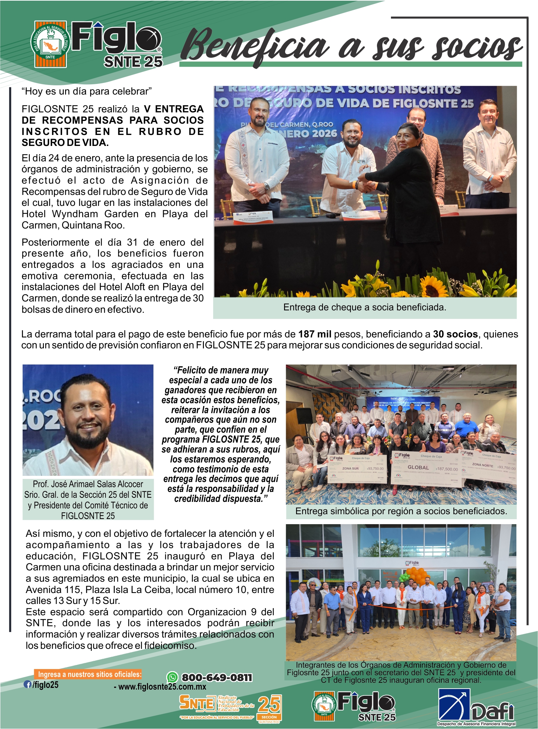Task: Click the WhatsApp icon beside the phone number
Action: pos(172,677)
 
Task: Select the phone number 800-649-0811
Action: pos(217,678)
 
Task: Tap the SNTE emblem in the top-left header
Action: pos(50,44)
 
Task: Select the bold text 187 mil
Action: pos(315,334)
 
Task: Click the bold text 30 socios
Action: pos(455,334)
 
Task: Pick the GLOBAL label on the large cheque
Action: pos(418,467)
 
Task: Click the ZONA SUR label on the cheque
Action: pos(350,468)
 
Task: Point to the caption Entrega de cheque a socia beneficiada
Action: pos(365,307)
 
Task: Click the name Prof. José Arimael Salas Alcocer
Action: pos(88,484)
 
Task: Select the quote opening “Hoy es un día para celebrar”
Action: pos(86,91)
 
